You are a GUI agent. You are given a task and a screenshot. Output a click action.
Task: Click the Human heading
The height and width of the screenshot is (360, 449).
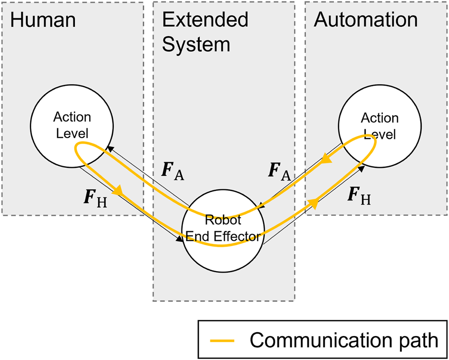pos(43,20)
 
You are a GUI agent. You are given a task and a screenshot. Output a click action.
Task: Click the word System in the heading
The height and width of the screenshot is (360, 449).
pos(196,44)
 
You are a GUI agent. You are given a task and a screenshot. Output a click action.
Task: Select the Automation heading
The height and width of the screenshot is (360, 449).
pos(365,20)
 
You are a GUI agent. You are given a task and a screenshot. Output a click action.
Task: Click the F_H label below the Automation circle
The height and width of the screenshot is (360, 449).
pos(359,196)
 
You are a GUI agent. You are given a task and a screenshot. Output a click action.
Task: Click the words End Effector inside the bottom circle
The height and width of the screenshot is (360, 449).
pos(222,236)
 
